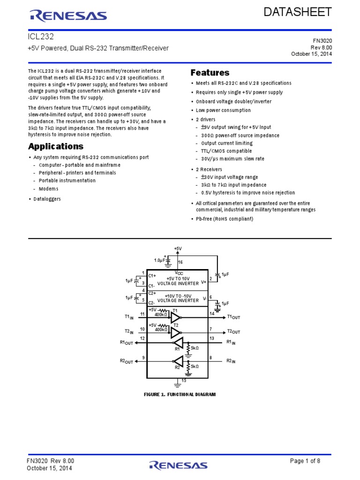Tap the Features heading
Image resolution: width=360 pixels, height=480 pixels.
pyautogui.click(x=210, y=73)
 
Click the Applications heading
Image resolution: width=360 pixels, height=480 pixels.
pyautogui.click(x=56, y=146)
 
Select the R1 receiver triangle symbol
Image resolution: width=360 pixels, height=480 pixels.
pyautogui.click(x=178, y=343)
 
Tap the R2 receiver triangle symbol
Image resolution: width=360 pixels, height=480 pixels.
pyautogui.click(x=178, y=361)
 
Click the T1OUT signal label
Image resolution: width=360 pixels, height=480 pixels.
pyautogui.click(x=233, y=317)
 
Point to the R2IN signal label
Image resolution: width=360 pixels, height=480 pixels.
pyautogui.click(x=231, y=361)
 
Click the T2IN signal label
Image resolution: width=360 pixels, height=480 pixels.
pyautogui.click(x=129, y=331)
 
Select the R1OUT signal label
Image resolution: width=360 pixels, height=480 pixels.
pyautogui.click(x=127, y=343)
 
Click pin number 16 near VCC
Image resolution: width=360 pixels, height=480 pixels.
pyautogui.click(x=180, y=262)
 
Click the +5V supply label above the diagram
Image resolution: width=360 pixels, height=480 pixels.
pyautogui.click(x=178, y=248)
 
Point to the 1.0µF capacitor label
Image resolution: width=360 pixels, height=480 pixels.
pyautogui.click(x=159, y=260)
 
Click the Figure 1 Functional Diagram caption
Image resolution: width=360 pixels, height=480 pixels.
pyautogui.click(x=180, y=395)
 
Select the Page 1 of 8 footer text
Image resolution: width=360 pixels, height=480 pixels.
pyautogui.click(x=305, y=461)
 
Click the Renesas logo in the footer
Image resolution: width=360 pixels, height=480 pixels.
pyautogui.click(x=178, y=465)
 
